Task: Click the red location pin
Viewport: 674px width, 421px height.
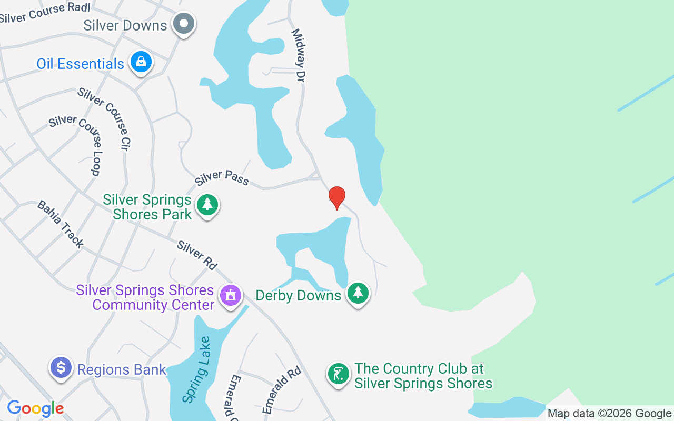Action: pyautogui.click(x=337, y=197)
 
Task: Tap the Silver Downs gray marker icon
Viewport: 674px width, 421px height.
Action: pyautogui.click(x=184, y=23)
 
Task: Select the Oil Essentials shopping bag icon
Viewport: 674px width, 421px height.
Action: pyautogui.click(x=141, y=62)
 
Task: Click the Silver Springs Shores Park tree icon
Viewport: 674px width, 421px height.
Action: pyautogui.click(x=207, y=205)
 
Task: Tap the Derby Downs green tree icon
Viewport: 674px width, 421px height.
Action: pyautogui.click(x=358, y=293)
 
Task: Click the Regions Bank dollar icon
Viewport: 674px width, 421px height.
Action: pyautogui.click(x=61, y=367)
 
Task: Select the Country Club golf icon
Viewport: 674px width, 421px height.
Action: pyautogui.click(x=338, y=374)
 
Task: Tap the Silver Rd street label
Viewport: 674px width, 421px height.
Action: pyautogui.click(x=197, y=255)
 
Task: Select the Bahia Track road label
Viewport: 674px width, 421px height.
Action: pyautogui.click(x=60, y=224)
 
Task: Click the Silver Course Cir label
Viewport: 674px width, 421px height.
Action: pyautogui.click(x=104, y=118)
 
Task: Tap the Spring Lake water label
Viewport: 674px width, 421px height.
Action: pyautogui.click(x=197, y=370)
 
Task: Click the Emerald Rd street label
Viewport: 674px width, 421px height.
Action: pyautogui.click(x=281, y=390)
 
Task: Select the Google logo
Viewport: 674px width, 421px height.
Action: pyautogui.click(x=35, y=408)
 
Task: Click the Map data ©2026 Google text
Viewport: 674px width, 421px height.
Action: pyautogui.click(x=609, y=414)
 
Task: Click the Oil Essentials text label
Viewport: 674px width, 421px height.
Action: pyautogui.click(x=80, y=64)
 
